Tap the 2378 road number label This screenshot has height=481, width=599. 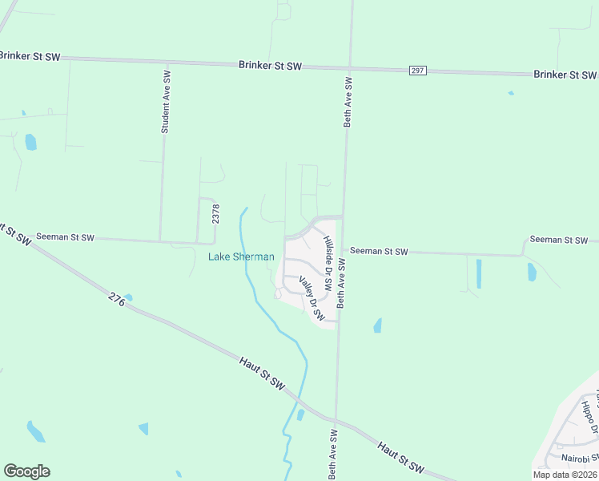[215, 213]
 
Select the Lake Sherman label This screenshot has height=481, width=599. [241, 257]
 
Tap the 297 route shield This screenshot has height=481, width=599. [417, 71]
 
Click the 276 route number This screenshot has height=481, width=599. [117, 301]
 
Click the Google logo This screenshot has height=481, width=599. [26, 471]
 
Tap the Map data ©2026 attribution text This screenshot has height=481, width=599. [565, 475]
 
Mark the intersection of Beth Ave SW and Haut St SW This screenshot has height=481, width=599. [336, 420]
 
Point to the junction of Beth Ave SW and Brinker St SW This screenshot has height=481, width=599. [349, 69]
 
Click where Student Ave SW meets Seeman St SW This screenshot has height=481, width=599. [160, 240]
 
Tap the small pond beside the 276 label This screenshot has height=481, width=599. [128, 297]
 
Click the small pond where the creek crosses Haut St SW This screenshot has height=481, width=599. [300, 414]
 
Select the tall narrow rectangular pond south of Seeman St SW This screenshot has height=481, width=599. [479, 273]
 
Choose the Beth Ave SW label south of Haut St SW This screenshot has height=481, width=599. [332, 454]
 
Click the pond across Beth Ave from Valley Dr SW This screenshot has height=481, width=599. [377, 325]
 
